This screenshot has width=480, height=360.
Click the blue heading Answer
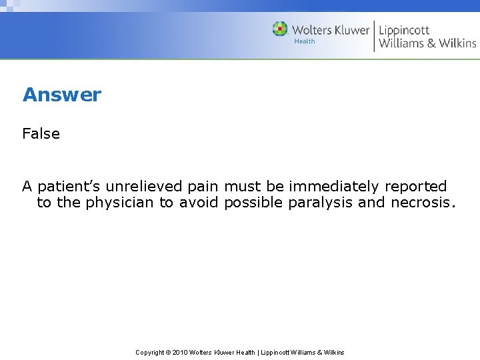coord(62,95)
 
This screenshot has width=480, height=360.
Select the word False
coord(41,133)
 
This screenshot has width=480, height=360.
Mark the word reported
coord(415,187)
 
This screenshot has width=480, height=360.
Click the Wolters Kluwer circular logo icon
coord(280,29)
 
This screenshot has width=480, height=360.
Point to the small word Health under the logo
coord(305,41)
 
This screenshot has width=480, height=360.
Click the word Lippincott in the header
coord(404,30)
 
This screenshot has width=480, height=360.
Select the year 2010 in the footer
coord(181,352)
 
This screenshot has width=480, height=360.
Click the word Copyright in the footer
coord(150,352)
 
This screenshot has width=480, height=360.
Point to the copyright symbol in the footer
coord(168,352)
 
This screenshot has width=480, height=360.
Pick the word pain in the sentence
coord(203,187)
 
